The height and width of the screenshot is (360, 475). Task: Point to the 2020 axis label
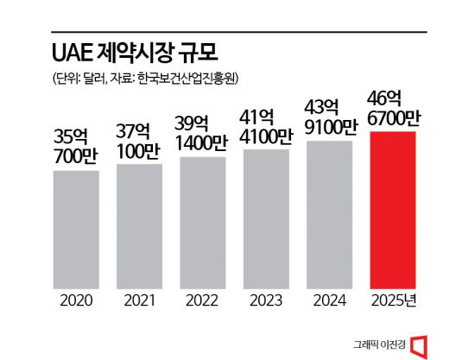(76, 301)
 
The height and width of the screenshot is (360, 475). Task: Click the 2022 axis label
(203, 301)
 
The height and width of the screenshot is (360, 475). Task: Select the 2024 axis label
(329, 301)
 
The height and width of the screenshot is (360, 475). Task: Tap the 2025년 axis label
(393, 301)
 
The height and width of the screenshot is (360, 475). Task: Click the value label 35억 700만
(76, 147)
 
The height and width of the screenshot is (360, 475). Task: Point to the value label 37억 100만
(139, 141)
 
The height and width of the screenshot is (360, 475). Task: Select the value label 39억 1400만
(203, 135)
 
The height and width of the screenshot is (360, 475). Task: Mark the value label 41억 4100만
(266, 127)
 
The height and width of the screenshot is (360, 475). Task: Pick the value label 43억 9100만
(329, 118)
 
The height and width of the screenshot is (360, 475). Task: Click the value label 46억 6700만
(393, 108)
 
